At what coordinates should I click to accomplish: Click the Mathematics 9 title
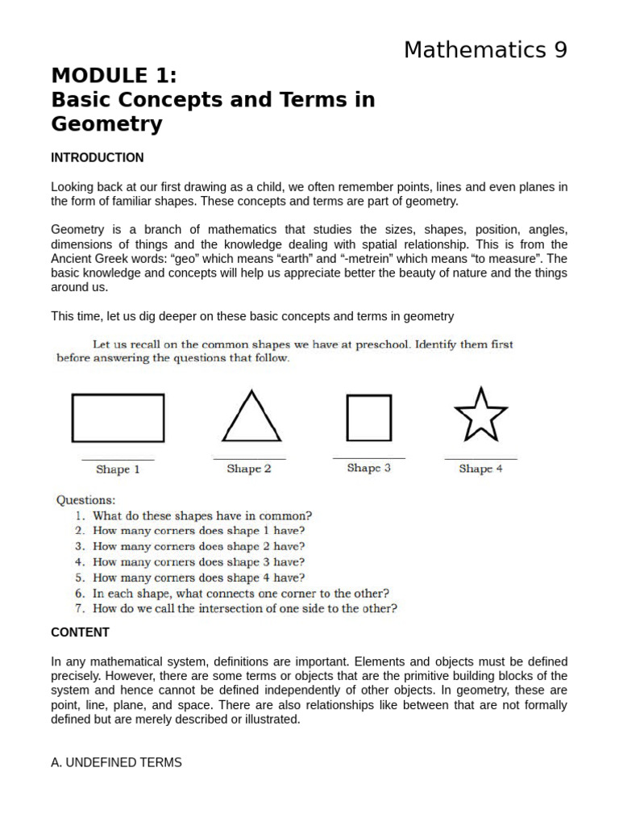[x=485, y=50]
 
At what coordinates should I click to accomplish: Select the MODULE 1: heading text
[x=114, y=76]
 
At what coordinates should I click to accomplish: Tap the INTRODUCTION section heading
[x=98, y=157]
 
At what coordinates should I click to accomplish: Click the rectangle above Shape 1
[x=118, y=418]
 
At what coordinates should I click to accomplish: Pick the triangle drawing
[x=251, y=418]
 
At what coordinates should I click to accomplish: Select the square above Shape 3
[x=368, y=418]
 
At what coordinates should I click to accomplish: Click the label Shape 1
[x=118, y=469]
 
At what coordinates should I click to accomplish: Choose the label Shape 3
[x=368, y=468]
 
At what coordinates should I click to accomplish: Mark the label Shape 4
[x=480, y=469]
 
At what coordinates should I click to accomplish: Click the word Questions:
[x=85, y=500]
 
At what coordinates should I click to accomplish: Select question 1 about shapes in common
[x=201, y=515]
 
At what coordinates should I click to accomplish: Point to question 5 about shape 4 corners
[x=198, y=578]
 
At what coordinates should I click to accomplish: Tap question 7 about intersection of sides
[x=244, y=609]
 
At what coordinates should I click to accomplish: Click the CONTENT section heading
[x=81, y=632]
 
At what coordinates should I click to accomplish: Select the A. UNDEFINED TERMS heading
[x=117, y=762]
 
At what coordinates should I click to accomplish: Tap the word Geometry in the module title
[x=106, y=124]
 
